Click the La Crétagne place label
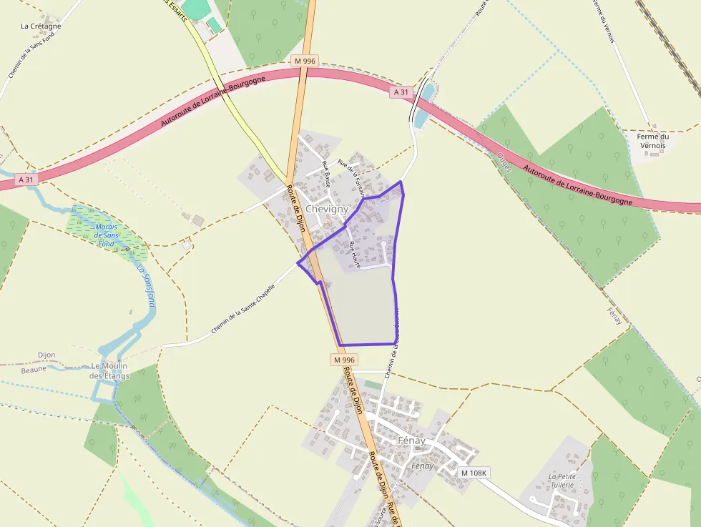[x=41, y=26]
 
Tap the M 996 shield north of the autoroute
[x=305, y=61]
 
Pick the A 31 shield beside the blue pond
[x=402, y=92]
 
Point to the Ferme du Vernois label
[x=652, y=141]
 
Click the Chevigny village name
[x=326, y=209]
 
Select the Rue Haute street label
[x=355, y=255]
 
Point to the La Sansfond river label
[x=145, y=286]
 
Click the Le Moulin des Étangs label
[x=109, y=371]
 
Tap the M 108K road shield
[x=474, y=473]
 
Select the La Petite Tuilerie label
[x=562, y=480]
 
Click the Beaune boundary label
[x=33, y=369]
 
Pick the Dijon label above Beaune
[x=46, y=355]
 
